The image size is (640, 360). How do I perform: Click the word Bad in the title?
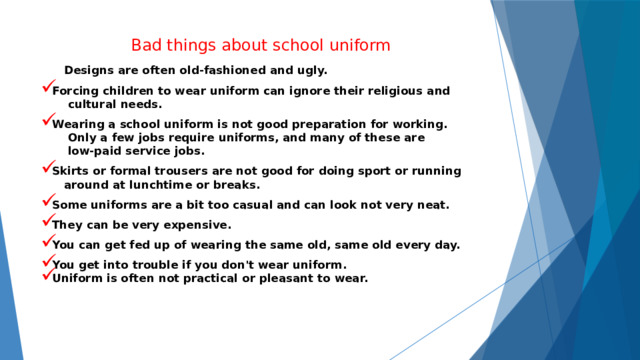[x=146, y=46]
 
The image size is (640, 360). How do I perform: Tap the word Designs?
[x=91, y=71]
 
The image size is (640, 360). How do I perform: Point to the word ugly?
[x=307, y=71]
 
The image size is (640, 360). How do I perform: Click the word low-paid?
[x=98, y=152]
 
